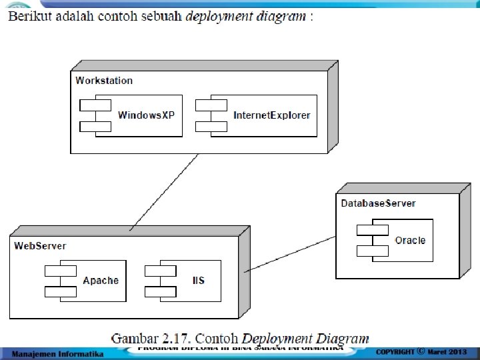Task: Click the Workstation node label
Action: (104, 81)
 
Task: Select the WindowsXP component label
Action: (146, 115)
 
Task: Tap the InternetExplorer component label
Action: (271, 115)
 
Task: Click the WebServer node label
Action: (40, 246)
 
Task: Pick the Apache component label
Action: (101, 281)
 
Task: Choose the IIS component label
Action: (197, 281)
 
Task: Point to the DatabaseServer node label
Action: (378, 203)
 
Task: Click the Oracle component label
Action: (410, 240)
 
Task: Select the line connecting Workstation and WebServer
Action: (165, 192)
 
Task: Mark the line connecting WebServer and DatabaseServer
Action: (290, 253)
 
